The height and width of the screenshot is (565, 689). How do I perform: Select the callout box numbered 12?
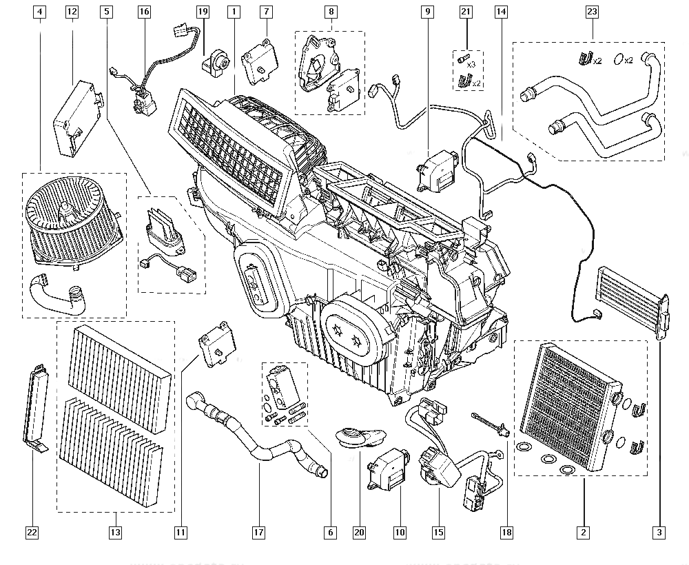point(72,12)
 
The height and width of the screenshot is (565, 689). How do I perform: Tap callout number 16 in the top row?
point(143,12)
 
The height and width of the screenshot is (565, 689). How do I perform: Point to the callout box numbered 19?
point(202,12)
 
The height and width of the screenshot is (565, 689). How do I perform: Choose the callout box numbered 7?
point(267,12)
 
